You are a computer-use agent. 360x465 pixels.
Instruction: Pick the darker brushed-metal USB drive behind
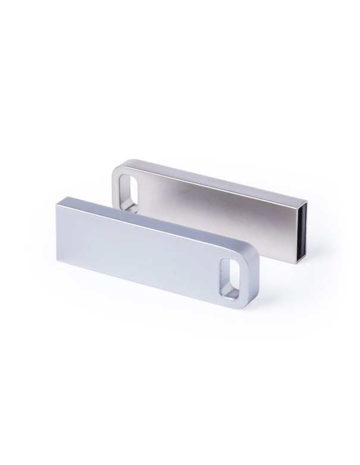point(214,202)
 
